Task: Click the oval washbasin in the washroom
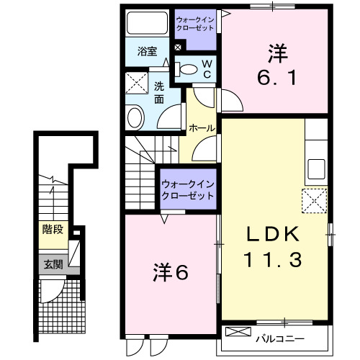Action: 135,117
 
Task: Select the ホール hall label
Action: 201,127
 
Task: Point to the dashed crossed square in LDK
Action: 315,199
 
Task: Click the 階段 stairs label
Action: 51,232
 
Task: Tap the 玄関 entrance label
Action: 51,264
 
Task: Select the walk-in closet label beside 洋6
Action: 188,190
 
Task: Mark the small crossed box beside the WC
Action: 178,48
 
